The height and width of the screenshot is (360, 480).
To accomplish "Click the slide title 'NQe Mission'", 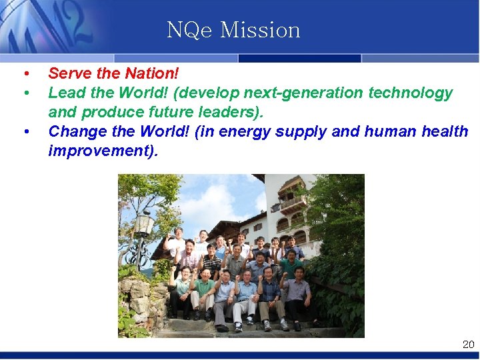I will click(233, 30).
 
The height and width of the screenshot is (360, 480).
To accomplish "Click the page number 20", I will click(468, 345).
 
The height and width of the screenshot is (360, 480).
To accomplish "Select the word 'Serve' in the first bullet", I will click(69, 73).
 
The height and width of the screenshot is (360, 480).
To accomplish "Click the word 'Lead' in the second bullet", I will click(65, 93).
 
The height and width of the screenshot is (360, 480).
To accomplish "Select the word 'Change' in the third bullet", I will click(75, 131).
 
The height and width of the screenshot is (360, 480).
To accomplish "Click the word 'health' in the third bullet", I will click(445, 131).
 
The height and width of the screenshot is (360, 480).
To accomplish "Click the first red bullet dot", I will click(25, 73).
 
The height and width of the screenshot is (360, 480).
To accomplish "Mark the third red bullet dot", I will click(25, 132).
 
